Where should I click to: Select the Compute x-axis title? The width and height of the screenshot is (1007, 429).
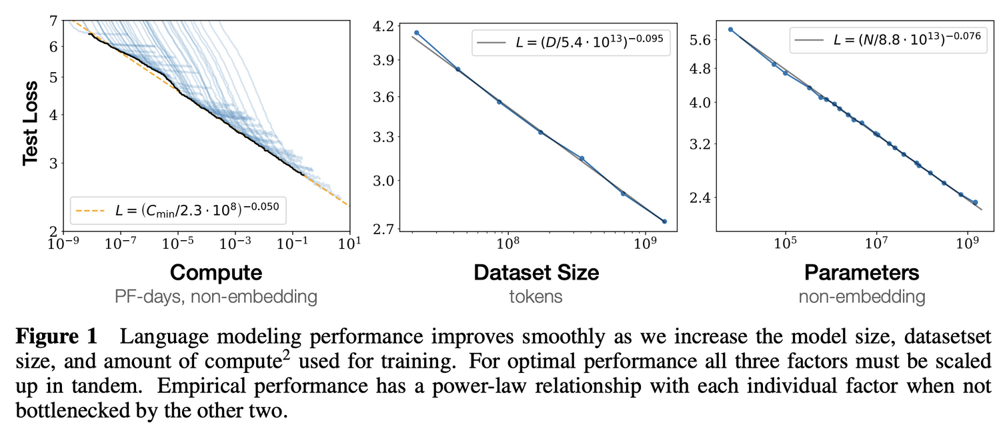click(216, 272)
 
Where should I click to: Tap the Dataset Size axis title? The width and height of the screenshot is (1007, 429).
click(536, 272)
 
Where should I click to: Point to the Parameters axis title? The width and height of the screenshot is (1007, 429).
click(862, 272)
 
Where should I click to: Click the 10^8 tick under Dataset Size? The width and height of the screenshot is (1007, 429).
click(508, 244)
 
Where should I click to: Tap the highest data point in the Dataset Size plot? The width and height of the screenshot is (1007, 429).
click(417, 33)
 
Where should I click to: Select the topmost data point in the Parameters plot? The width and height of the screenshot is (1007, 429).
click(730, 29)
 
